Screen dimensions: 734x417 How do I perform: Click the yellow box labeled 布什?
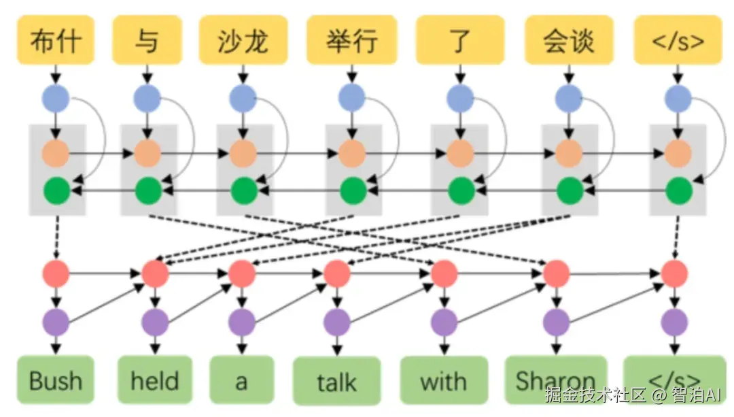pyautogui.click(x=56, y=40)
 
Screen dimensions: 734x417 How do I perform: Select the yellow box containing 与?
pyautogui.click(x=147, y=40)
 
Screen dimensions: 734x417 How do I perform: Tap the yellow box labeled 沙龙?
pyautogui.click(x=243, y=40)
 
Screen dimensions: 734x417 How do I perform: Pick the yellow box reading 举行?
pyautogui.click(x=351, y=40)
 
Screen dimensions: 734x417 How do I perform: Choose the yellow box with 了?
pyautogui.click(x=460, y=40)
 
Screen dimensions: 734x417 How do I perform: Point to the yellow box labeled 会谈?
pyautogui.click(x=569, y=40)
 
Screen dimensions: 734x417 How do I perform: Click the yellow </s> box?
pyautogui.click(x=678, y=40)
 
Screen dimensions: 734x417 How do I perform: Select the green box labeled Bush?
pyautogui.click(x=56, y=380)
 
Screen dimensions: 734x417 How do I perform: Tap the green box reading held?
pyautogui.click(x=155, y=380)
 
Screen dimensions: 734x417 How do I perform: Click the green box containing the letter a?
pyautogui.click(x=241, y=380)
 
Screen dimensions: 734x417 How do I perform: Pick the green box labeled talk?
pyautogui.click(x=336, y=381)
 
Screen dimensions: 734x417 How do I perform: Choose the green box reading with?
pyautogui.click(x=444, y=380)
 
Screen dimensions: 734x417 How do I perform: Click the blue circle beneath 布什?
pyautogui.click(x=56, y=99)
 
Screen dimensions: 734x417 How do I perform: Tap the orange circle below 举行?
pyautogui.click(x=351, y=153)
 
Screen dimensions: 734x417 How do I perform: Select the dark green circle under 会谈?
pyautogui.click(x=570, y=190)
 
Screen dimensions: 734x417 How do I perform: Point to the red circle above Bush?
pyautogui.click(x=56, y=273)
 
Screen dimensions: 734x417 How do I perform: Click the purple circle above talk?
pyautogui.click(x=336, y=322)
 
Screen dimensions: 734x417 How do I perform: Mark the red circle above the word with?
pyautogui.click(x=444, y=273)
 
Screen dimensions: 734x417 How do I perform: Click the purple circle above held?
pyautogui.click(x=155, y=322)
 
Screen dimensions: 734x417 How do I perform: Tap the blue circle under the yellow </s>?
pyautogui.click(x=678, y=99)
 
